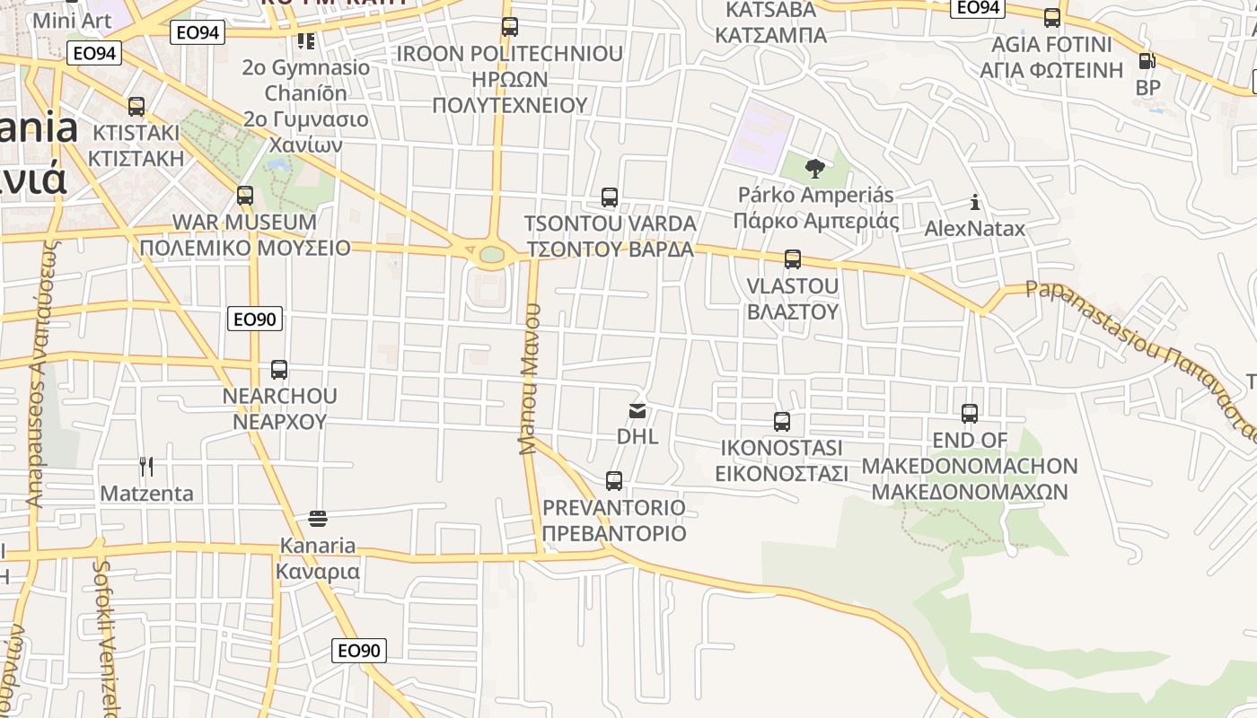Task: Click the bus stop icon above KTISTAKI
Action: point(136,107)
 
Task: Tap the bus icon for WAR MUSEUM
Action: point(245,196)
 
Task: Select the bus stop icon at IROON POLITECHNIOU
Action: point(510,27)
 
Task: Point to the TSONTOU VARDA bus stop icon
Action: point(610,197)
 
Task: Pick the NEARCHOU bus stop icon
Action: point(279,370)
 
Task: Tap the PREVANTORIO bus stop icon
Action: point(614,481)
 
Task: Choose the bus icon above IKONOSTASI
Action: point(782,422)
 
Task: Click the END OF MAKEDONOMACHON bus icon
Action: point(970,414)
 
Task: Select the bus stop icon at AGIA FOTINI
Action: point(1052,18)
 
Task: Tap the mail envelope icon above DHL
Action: point(637,411)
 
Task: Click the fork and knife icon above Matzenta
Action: point(146,467)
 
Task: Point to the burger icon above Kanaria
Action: point(318,519)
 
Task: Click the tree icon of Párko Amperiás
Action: point(815,168)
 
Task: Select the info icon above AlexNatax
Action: point(975,203)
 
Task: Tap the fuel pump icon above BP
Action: point(1147,61)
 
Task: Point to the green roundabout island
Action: point(492,255)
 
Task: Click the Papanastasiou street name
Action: point(1091,314)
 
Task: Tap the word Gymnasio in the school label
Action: point(321,67)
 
